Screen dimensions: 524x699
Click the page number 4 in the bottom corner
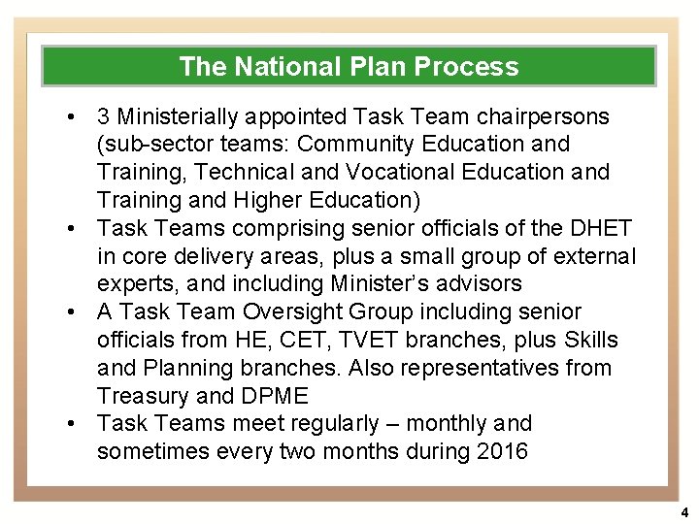pos(683,512)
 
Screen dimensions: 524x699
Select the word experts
pos(132,284)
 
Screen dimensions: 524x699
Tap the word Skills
pos(588,341)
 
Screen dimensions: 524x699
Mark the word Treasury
pos(143,397)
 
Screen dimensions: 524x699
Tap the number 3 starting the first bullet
pos(103,116)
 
